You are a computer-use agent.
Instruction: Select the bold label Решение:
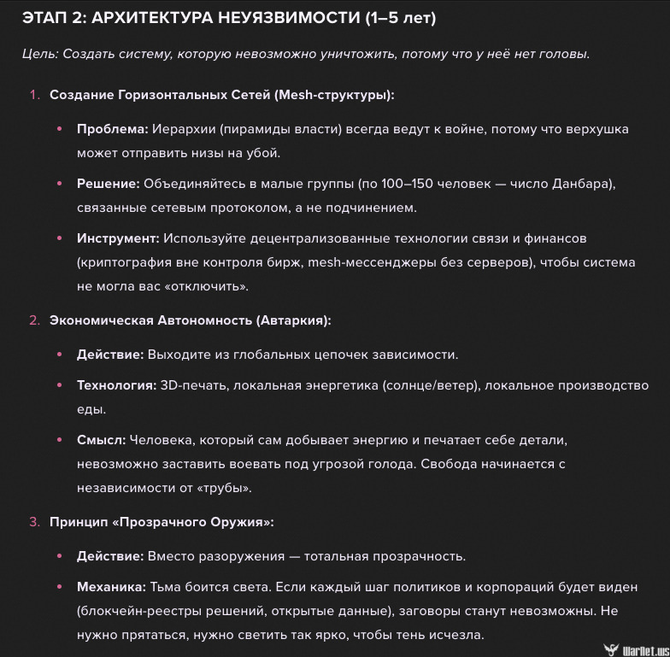coord(109,184)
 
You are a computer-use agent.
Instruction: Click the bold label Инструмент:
coord(118,238)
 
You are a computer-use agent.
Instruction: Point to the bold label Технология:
coord(116,385)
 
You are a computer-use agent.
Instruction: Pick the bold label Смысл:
coord(101,440)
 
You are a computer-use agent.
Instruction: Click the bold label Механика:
coord(111,587)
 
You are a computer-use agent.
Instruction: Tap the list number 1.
coord(34,95)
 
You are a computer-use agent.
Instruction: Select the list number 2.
coord(34,320)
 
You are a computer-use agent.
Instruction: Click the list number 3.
coord(34,522)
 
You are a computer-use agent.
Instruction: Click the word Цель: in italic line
coord(39,54)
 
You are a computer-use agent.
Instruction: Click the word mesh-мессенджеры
coord(349,262)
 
